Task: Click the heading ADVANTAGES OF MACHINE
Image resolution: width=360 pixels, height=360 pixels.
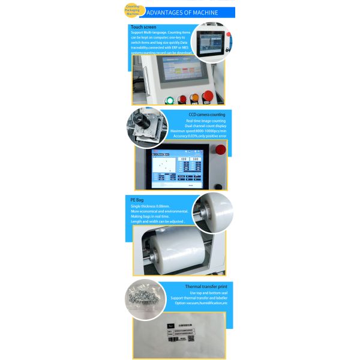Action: pos(182,13)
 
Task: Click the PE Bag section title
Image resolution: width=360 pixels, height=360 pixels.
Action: pos(137,199)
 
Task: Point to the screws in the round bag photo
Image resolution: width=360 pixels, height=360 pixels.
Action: pos(143,295)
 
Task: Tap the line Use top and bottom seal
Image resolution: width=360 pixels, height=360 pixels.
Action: pos(209,293)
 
